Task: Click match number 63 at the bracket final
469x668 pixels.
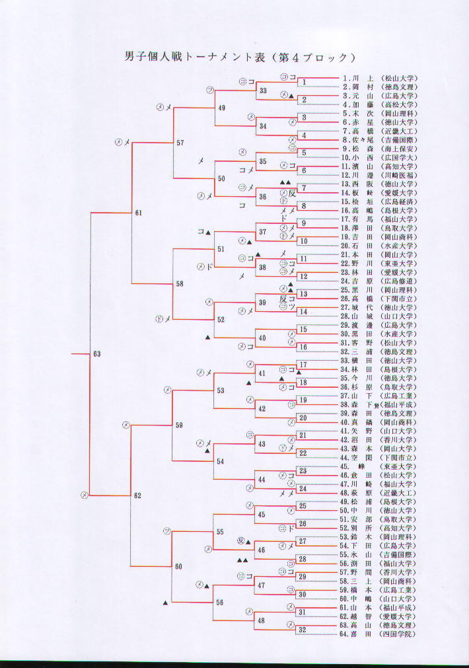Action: (x=97, y=354)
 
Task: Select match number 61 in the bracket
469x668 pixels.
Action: (x=138, y=213)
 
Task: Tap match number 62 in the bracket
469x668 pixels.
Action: (x=137, y=496)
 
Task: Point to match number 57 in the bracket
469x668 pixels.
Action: (x=180, y=143)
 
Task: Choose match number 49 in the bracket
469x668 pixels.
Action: (x=221, y=108)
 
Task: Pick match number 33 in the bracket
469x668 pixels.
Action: (x=263, y=91)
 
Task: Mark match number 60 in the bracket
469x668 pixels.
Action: (x=178, y=567)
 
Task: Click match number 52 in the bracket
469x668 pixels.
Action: (x=221, y=319)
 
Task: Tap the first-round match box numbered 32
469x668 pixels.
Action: (x=302, y=629)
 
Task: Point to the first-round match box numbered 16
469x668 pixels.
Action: (x=303, y=347)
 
